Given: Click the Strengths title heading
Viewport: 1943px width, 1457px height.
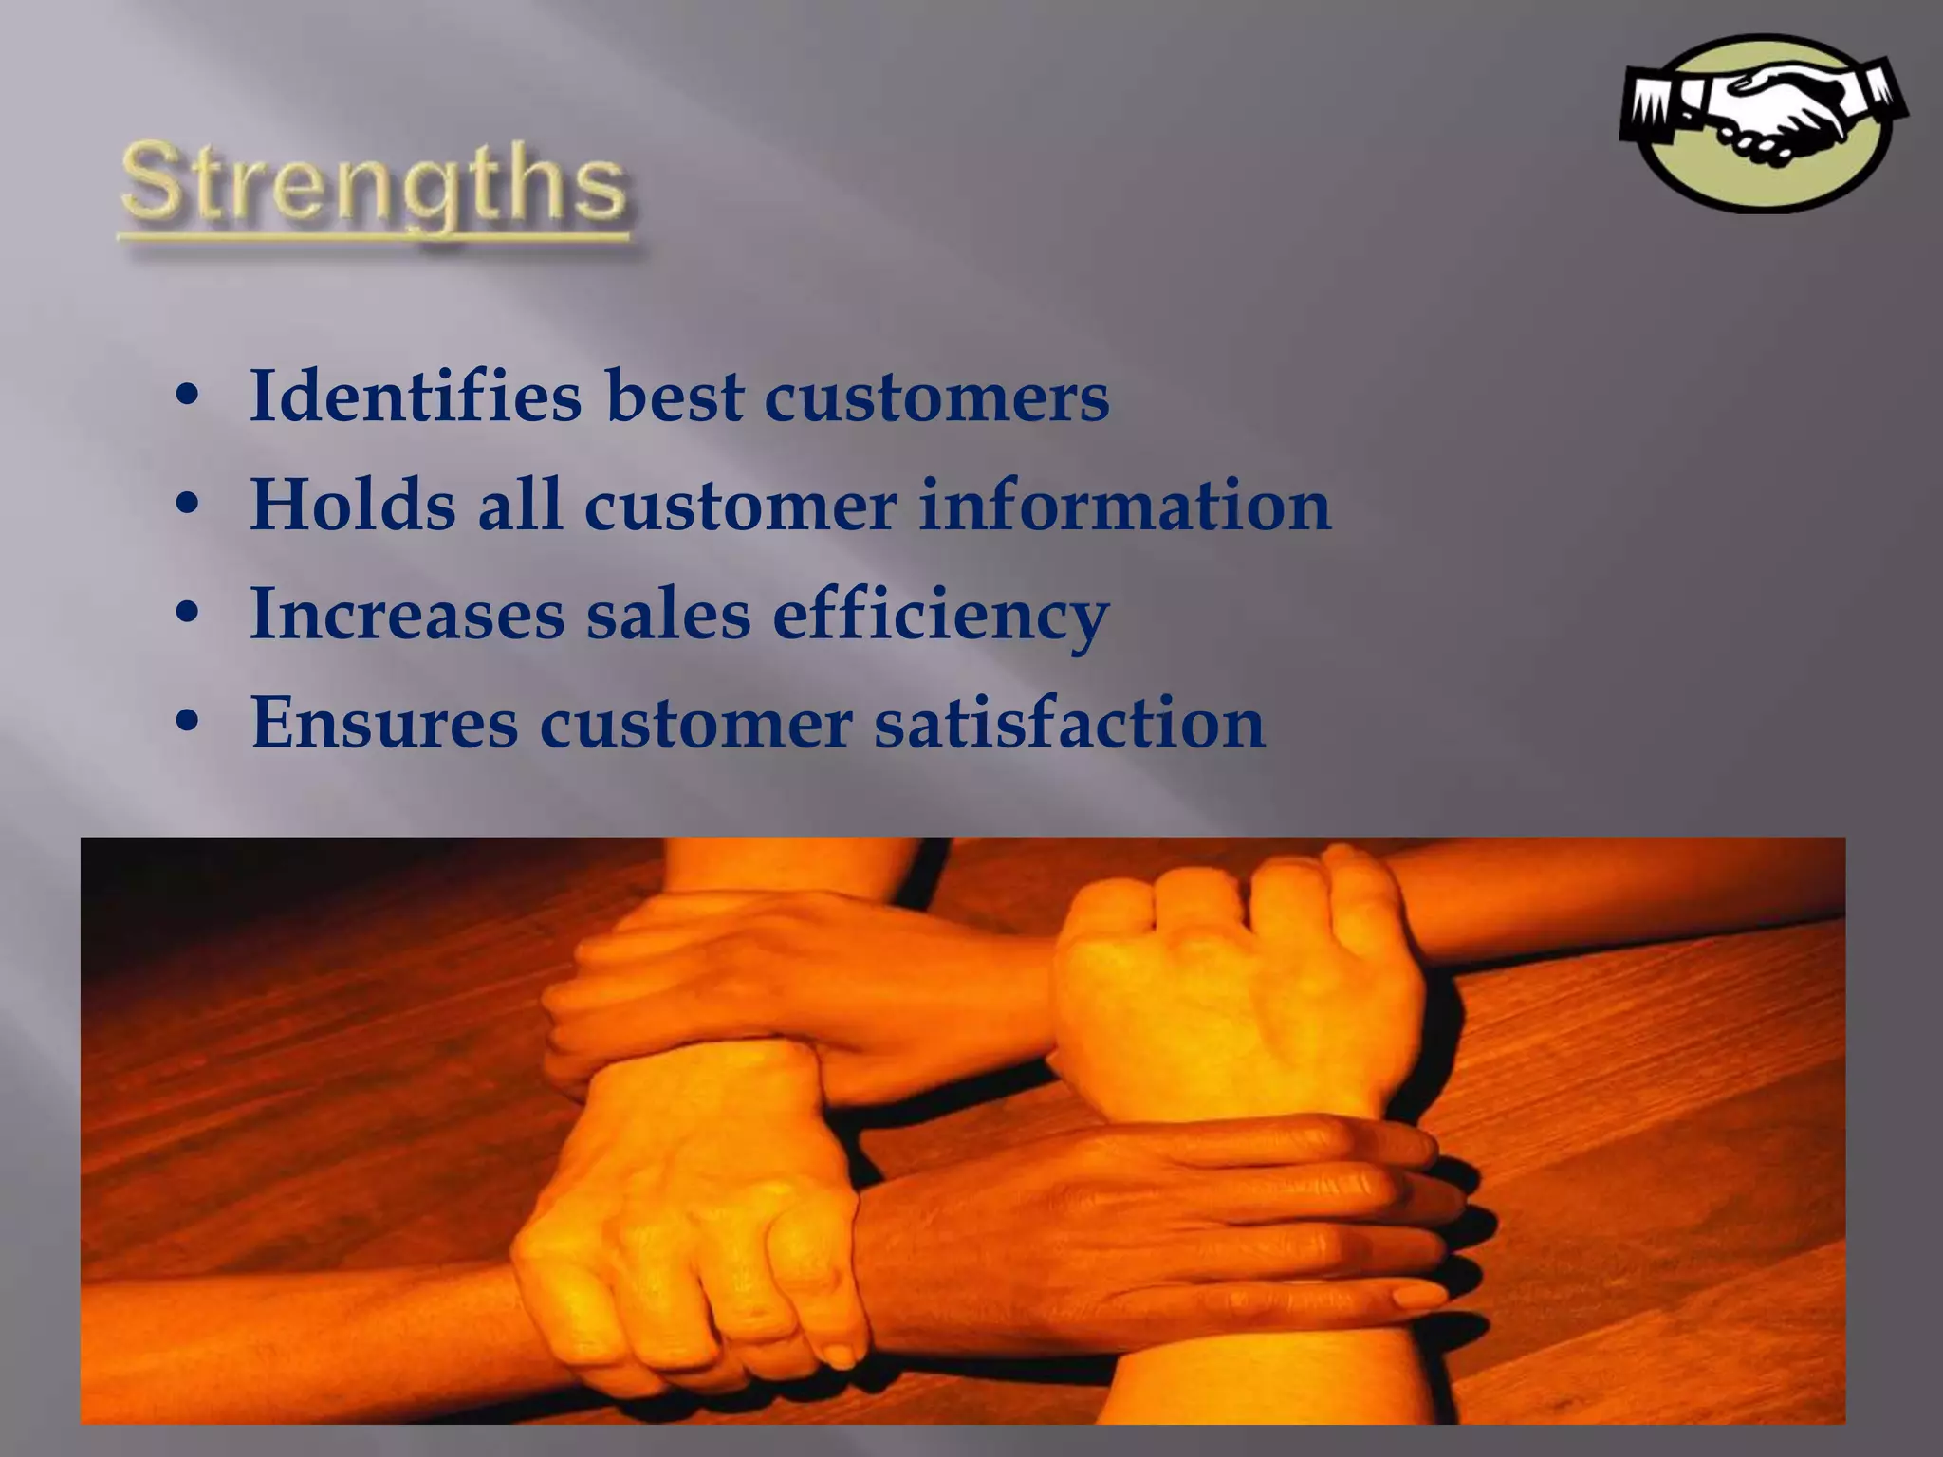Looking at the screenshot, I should point(374,183).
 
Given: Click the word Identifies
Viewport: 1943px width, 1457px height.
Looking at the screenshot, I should point(416,396).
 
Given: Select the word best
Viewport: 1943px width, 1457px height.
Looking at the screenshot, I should point(675,396).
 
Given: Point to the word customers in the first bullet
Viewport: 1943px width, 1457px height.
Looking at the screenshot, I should point(936,397).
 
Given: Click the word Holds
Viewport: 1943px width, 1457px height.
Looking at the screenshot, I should point(352,505).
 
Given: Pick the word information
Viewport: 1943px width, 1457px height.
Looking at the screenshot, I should point(1125,505).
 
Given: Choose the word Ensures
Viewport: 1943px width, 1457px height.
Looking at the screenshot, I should point(384,723).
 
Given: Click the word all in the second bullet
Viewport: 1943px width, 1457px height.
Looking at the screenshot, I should point(519,505).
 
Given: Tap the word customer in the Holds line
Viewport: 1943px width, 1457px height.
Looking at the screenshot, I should point(741,507).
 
